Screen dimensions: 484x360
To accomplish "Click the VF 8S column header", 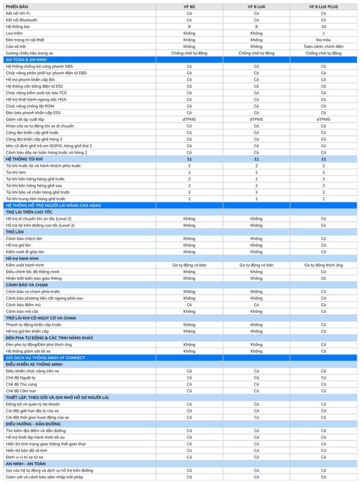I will [x=189, y=7].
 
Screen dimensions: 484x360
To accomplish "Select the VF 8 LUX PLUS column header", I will [x=324, y=7].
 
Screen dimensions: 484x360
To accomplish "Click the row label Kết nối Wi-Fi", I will [x=19, y=13].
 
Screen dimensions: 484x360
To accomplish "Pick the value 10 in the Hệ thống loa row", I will [x=324, y=26].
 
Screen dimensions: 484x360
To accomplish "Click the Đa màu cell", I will [x=324, y=40].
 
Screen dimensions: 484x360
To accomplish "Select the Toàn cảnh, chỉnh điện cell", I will [x=324, y=46].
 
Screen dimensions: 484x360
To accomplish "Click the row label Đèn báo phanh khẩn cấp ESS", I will [x=33, y=112].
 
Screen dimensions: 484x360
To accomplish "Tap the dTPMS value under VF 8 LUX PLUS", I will [x=324, y=120].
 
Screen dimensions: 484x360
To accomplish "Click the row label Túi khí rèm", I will [x=16, y=173].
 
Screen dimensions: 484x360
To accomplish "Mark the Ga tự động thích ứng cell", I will [x=324, y=265].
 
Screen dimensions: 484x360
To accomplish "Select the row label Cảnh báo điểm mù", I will [x=24, y=305].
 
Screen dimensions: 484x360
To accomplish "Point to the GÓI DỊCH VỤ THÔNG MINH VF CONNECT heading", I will [x=45, y=358].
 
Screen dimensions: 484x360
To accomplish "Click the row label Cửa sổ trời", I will [x=16, y=46].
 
